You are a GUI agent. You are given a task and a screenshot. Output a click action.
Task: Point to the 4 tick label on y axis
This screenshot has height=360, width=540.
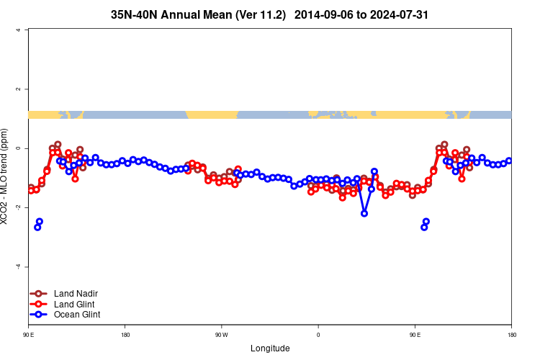click(18, 30)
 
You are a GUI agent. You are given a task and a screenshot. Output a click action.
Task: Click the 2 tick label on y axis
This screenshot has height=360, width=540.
click(18, 89)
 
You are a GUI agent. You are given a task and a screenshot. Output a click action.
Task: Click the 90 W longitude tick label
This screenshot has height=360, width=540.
click(221, 335)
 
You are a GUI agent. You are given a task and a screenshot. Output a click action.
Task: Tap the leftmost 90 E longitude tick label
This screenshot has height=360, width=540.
click(28, 335)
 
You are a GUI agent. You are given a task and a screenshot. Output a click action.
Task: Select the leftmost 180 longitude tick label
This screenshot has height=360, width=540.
click(125, 335)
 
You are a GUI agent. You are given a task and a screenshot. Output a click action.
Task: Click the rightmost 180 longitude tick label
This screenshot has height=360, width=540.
click(511, 335)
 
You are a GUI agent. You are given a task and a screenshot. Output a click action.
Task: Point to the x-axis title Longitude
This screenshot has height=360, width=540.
click(270, 348)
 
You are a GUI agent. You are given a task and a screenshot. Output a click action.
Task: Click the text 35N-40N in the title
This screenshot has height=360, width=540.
click(138, 14)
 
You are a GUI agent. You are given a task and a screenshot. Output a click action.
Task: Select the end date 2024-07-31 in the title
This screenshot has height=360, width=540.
click(394, 14)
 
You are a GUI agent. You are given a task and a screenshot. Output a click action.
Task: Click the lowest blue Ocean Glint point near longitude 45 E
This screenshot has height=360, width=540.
click(364, 213)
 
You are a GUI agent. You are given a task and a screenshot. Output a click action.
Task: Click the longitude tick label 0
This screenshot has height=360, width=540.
click(318, 335)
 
